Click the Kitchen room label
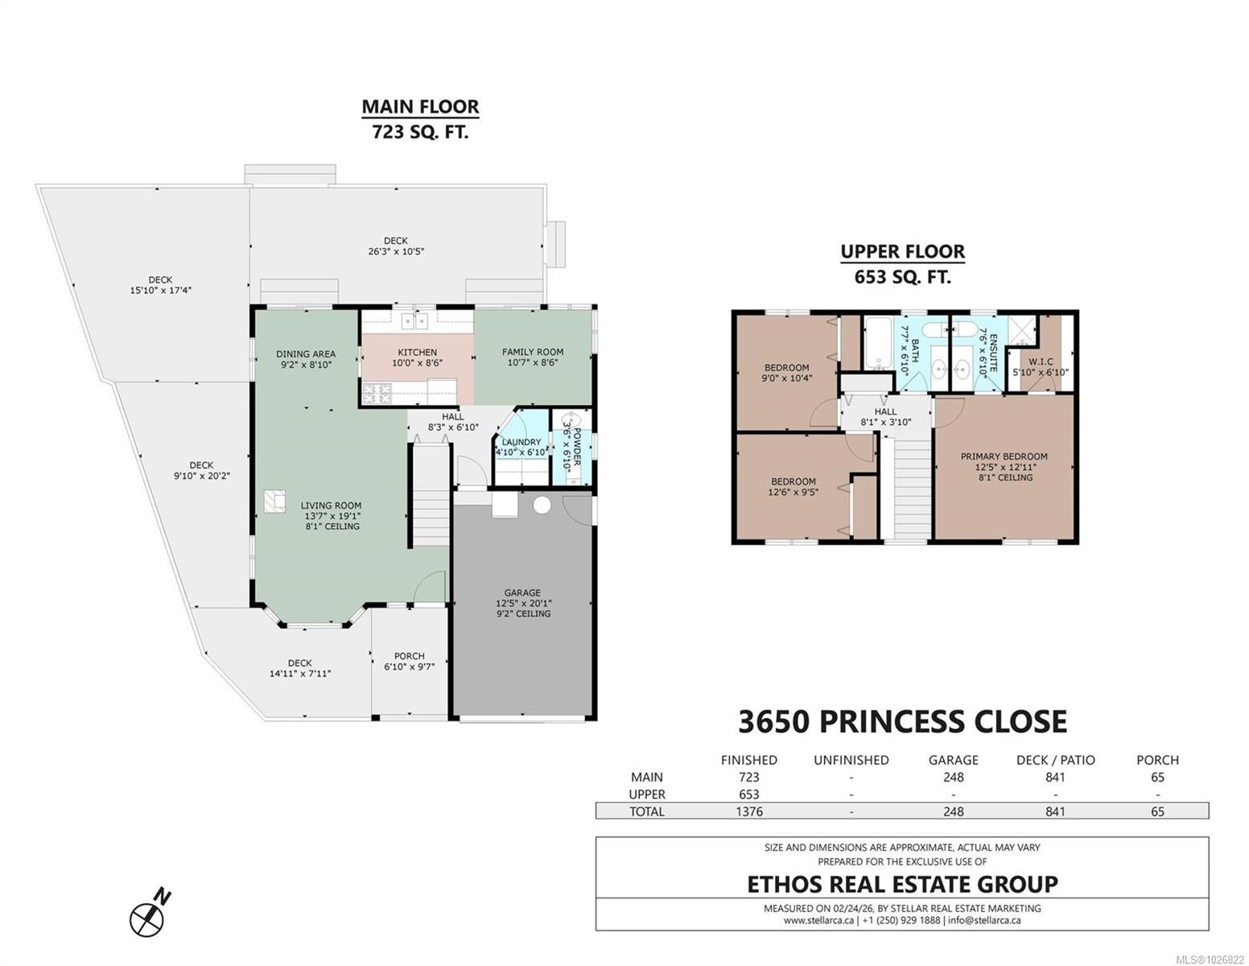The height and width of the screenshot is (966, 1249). pyautogui.click(x=418, y=353)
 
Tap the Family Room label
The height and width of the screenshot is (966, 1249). pyautogui.click(x=532, y=352)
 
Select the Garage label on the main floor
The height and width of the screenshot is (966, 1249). pyautogui.click(x=522, y=592)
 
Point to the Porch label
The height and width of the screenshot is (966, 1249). pyautogui.click(x=409, y=656)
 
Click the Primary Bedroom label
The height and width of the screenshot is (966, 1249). pyautogui.click(x=1004, y=456)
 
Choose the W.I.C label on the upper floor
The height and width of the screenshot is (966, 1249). pyautogui.click(x=1041, y=361)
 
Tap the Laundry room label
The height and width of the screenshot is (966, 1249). pyautogui.click(x=521, y=442)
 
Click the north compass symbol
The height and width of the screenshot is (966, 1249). pyautogui.click(x=148, y=914)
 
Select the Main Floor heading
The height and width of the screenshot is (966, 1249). pyautogui.click(x=420, y=107)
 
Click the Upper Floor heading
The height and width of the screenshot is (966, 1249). pyautogui.click(x=902, y=252)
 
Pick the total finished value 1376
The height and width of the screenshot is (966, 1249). pyautogui.click(x=748, y=811)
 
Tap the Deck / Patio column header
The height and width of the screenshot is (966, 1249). pyautogui.click(x=1055, y=760)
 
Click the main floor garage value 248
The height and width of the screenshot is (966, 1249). pyautogui.click(x=953, y=777)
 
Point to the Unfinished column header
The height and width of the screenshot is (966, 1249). pyautogui.click(x=851, y=760)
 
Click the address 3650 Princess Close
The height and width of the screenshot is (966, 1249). pyautogui.click(x=902, y=721)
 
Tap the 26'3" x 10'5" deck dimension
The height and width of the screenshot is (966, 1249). pyautogui.click(x=395, y=251)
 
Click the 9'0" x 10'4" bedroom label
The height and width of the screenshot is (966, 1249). pyautogui.click(x=786, y=378)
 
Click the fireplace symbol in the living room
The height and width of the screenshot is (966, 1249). pyautogui.click(x=274, y=501)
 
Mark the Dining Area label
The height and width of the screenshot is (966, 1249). pyautogui.click(x=305, y=354)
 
